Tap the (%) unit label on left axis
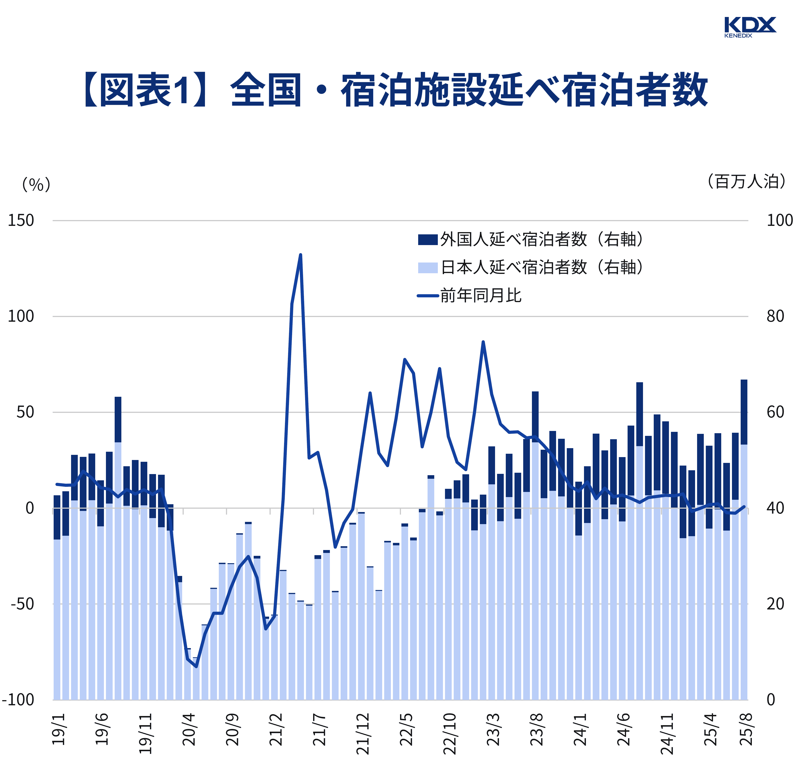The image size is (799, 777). [x=36, y=185]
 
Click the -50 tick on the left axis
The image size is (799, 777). [x=22, y=604]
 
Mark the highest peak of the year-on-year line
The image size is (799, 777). [x=301, y=255]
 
